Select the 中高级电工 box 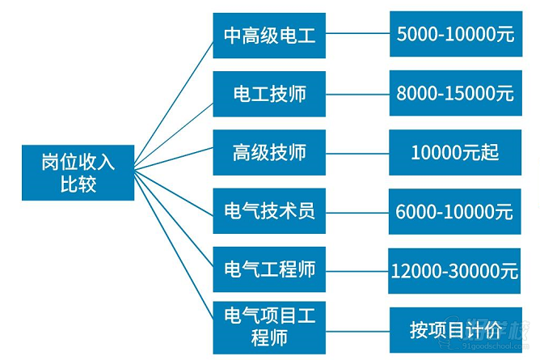click(x=269, y=35)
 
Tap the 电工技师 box click(x=269, y=93)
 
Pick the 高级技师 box click(x=269, y=152)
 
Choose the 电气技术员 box click(x=269, y=211)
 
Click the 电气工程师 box click(x=269, y=269)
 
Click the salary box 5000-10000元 click(x=455, y=34)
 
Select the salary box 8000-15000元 click(x=455, y=93)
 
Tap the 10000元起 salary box click(x=455, y=152)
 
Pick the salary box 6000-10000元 click(x=455, y=212)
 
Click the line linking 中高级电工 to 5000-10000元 click(x=357, y=35)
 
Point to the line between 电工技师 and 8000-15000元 click(x=357, y=94)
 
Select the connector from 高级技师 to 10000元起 click(x=357, y=153)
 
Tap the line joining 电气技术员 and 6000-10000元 click(x=357, y=212)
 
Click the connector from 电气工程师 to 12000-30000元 click(x=357, y=270)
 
